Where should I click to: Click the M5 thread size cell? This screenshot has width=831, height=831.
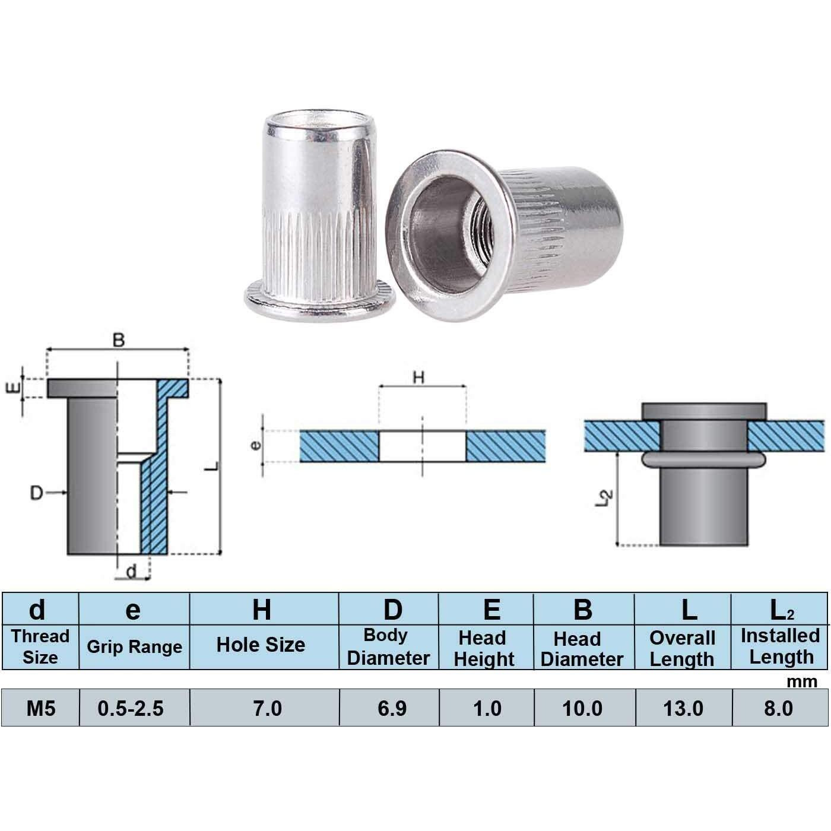coord(40,708)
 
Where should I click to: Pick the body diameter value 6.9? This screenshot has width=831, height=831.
coord(392,708)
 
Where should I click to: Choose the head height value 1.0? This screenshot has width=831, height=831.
coord(487,708)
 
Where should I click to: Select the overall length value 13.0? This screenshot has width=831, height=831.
coord(683,708)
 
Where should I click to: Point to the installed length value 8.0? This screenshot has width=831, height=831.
coord(778,708)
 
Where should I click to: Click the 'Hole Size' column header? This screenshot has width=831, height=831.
coord(261,645)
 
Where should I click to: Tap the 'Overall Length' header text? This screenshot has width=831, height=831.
coord(682,648)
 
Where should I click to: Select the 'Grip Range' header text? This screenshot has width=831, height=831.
coord(134,646)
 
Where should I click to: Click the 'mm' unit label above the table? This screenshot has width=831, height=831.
coord(801,681)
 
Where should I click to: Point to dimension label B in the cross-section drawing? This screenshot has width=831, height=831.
coord(119,340)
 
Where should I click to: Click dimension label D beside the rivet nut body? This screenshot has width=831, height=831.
coord(37,493)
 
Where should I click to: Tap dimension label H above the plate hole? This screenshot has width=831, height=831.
coord(419,378)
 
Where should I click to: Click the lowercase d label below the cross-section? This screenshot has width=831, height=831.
coord(131,571)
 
